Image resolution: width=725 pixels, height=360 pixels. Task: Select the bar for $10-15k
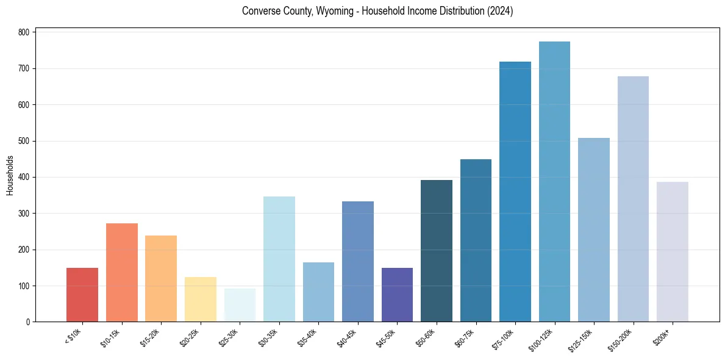tap(121, 273)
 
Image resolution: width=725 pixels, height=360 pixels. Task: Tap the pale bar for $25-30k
tap(240, 305)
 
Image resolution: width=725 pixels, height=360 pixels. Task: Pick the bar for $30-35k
tap(279, 259)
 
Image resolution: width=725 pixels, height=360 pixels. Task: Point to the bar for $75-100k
tap(515, 192)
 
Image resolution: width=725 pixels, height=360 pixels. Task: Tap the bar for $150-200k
tap(633, 199)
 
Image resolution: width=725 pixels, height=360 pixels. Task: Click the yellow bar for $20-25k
tap(201, 299)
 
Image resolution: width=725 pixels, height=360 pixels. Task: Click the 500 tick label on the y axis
tap(27, 141)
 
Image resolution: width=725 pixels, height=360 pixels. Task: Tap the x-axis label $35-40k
tap(309, 337)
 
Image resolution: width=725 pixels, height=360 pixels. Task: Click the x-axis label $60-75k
tap(466, 337)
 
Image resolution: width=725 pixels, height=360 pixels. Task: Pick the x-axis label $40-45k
tap(348, 337)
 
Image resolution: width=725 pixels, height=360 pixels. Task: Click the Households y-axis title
tap(10, 175)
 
